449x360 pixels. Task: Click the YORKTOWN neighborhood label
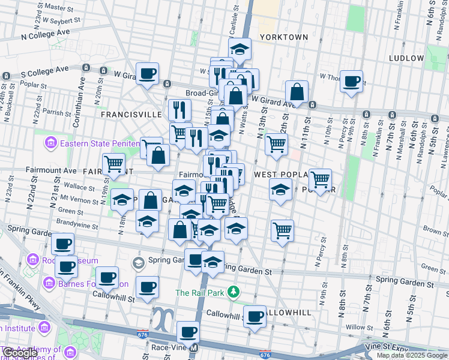coord(284,37)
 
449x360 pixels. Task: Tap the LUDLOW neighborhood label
coord(406,58)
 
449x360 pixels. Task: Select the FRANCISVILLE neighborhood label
coord(131,114)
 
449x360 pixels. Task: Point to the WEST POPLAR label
coord(281,175)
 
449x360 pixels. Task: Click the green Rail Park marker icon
coord(234,293)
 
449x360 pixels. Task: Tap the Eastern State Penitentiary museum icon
coord(50,143)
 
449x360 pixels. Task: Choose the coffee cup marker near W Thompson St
coord(352,81)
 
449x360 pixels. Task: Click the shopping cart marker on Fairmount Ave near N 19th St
coord(113,164)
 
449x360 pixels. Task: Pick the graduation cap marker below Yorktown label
coord(240,50)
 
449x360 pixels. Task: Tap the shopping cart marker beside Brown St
coord(282,230)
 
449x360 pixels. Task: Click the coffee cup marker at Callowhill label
coord(255,316)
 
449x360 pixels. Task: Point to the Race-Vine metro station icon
coord(193,347)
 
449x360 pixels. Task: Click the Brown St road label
coord(433,229)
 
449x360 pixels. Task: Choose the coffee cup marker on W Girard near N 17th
coord(147,74)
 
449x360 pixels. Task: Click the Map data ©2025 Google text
coord(412,355)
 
